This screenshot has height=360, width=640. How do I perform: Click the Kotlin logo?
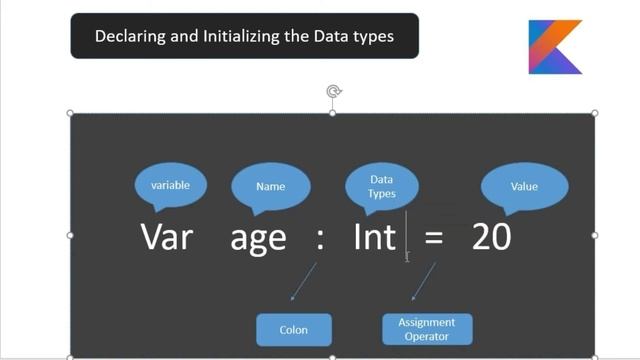click(x=554, y=46)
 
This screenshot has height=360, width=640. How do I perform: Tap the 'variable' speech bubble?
click(x=170, y=186)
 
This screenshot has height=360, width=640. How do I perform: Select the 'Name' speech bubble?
click(x=271, y=186)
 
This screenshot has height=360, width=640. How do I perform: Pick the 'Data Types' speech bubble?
click(x=381, y=186)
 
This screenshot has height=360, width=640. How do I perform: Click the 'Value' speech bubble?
click(x=524, y=186)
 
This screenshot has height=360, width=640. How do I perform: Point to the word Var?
click(x=166, y=237)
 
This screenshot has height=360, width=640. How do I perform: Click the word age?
click(x=258, y=239)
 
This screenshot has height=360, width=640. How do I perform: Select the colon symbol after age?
click(x=320, y=239)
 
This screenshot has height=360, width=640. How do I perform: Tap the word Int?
click(x=375, y=237)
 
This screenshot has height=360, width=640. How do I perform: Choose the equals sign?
click(x=433, y=239)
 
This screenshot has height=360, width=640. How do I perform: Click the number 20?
click(x=491, y=237)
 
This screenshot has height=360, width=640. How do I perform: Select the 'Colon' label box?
click(x=293, y=329)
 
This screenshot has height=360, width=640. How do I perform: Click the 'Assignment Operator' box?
click(x=427, y=329)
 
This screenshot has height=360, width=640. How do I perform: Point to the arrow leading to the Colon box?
click(x=302, y=282)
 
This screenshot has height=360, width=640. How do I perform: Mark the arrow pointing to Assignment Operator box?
click(x=422, y=282)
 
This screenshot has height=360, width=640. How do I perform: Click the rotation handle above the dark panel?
click(x=334, y=92)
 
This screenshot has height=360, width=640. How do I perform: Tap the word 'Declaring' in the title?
click(x=128, y=37)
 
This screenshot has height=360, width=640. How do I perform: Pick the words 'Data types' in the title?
click(x=358, y=37)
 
